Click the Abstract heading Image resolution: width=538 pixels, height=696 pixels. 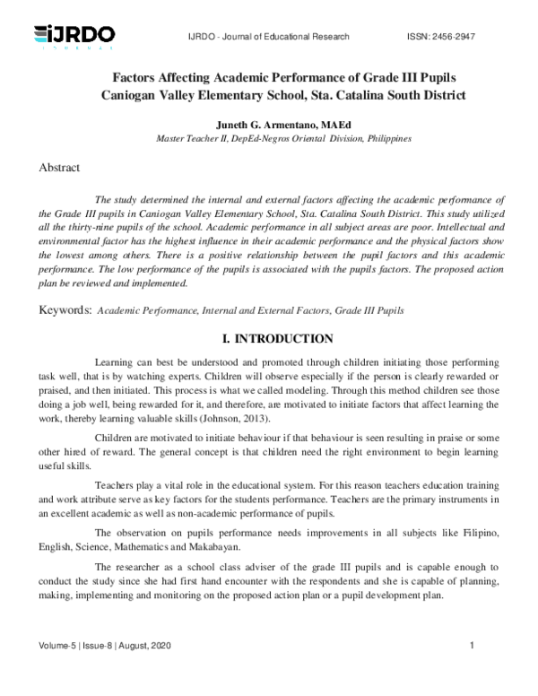(x=59, y=168)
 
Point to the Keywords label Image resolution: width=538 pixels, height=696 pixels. (x=64, y=309)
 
